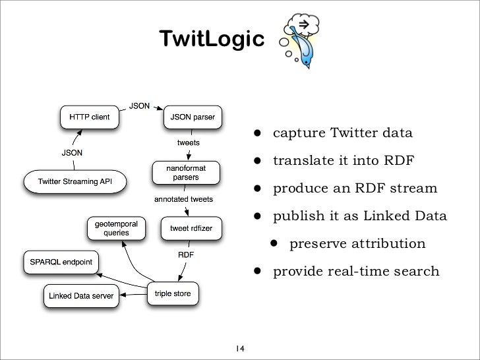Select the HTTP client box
(86, 117)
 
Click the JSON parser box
(193, 117)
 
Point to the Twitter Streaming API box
(75, 181)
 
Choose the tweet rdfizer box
(191, 228)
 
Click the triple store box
(172, 293)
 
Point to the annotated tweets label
(188, 198)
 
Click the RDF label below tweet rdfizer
(187, 254)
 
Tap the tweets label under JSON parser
(189, 142)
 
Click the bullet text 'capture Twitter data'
(343, 134)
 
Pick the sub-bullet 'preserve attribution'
(357, 244)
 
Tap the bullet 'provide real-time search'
(356, 272)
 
